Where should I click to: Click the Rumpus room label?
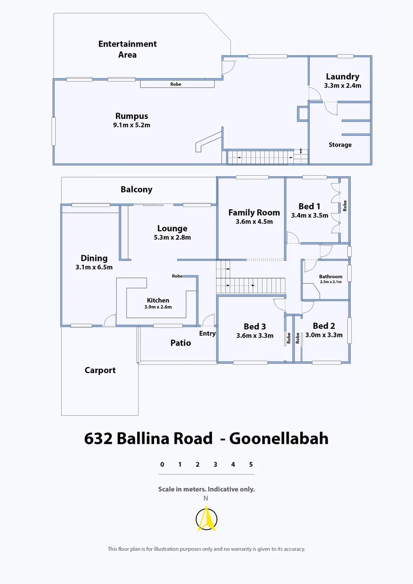click(x=131, y=116)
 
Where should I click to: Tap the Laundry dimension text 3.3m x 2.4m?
click(x=342, y=85)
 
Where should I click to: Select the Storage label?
click(x=340, y=145)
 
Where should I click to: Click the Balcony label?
click(x=136, y=189)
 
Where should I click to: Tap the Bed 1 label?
click(x=309, y=206)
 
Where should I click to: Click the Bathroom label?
click(x=330, y=276)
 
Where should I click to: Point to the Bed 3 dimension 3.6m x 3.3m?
click(x=255, y=335)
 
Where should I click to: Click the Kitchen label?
click(x=158, y=300)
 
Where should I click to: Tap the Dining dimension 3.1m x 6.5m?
click(x=94, y=267)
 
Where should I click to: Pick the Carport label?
click(x=100, y=370)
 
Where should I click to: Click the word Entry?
click(x=208, y=334)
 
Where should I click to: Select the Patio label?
click(x=181, y=342)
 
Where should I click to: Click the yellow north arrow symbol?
click(x=205, y=520)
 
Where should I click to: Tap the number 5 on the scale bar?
click(x=251, y=464)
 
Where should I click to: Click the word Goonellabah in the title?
click(x=278, y=438)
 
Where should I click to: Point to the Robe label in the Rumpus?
click(x=176, y=84)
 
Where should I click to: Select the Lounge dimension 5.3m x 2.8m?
click(x=172, y=237)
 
